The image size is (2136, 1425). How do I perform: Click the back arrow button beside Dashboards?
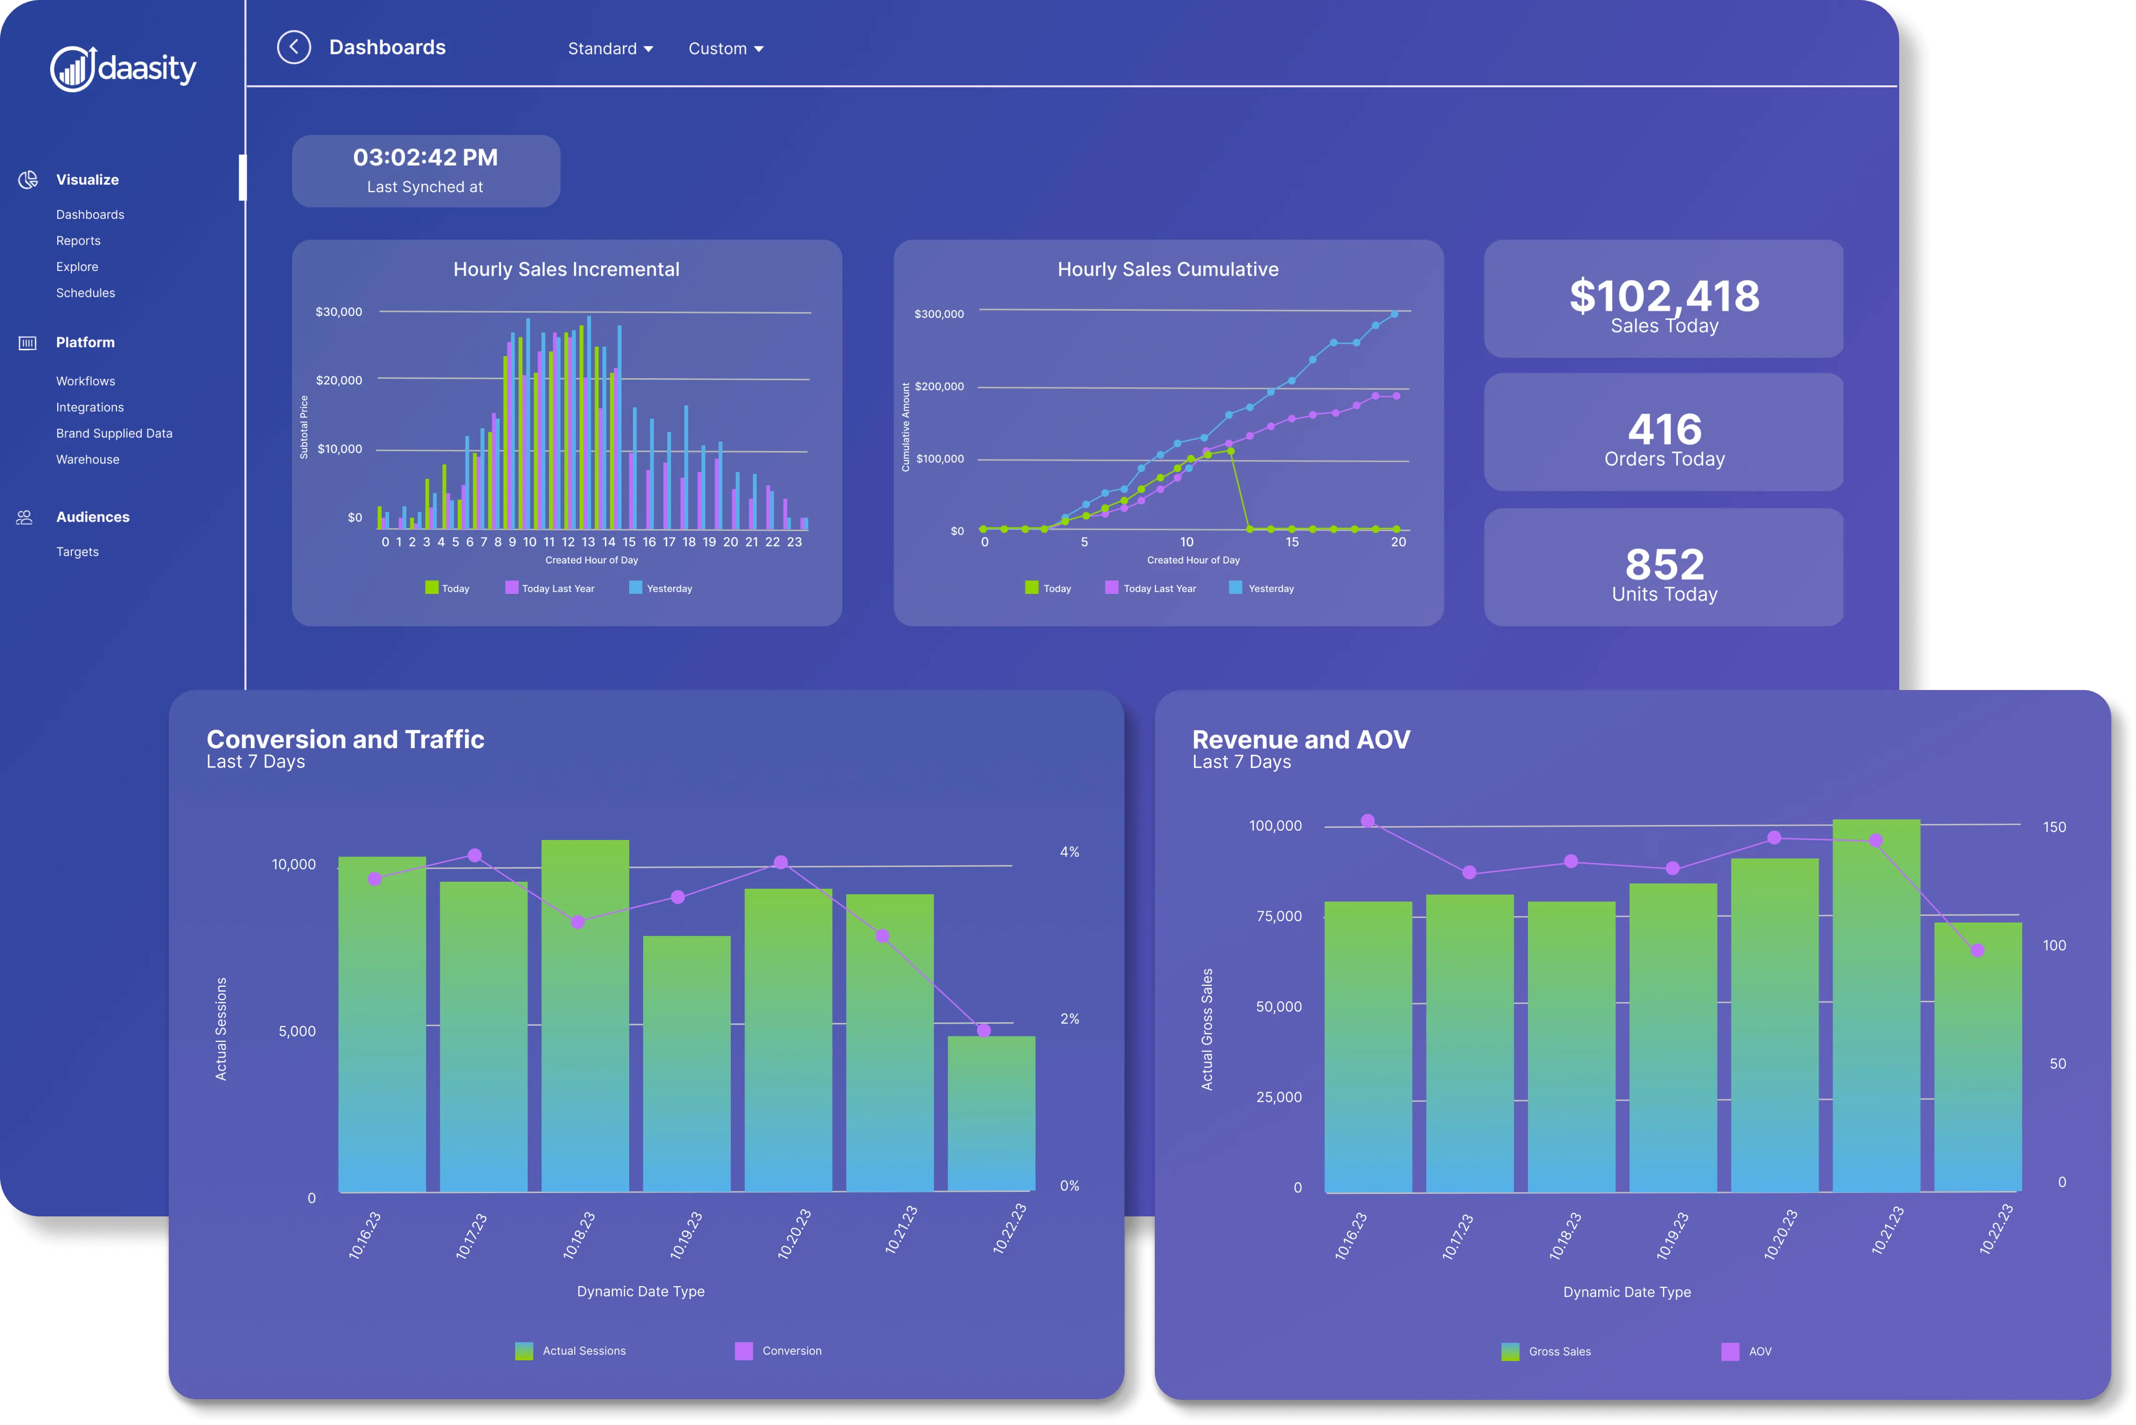(x=293, y=47)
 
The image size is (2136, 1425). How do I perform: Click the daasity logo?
(x=124, y=68)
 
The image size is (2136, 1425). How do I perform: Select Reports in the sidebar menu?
(x=78, y=241)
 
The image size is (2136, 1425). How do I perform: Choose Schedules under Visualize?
(x=85, y=292)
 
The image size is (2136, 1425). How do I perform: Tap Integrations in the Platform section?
(x=90, y=407)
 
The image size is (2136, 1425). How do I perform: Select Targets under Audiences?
(x=77, y=552)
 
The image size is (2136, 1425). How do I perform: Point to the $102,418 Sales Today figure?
(x=1664, y=296)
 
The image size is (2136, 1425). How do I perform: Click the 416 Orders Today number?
(x=1664, y=429)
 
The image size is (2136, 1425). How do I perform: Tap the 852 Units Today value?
(x=1664, y=564)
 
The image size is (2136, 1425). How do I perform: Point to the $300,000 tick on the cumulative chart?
(x=939, y=315)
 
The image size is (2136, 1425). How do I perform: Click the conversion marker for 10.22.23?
(x=984, y=1031)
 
